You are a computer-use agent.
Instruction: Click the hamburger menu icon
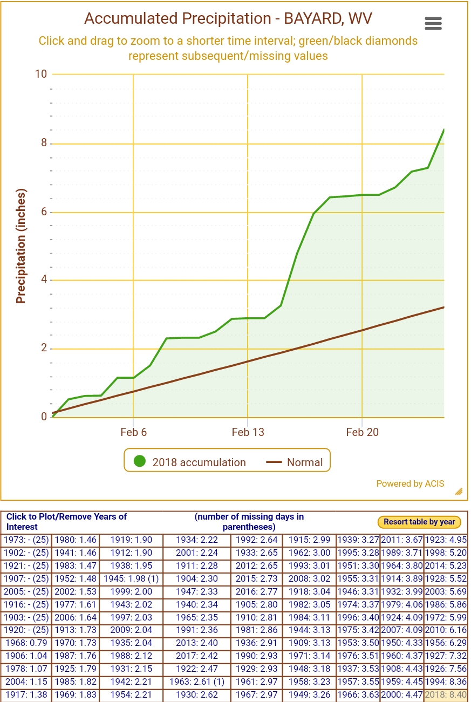coord(433,23)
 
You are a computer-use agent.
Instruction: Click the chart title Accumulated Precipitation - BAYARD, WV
coord(228,19)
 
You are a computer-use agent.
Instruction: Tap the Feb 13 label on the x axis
coord(248,432)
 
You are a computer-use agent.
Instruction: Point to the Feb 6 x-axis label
coord(133,432)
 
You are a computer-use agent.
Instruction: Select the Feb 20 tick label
coord(362,432)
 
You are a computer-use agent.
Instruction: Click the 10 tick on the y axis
coord(41,74)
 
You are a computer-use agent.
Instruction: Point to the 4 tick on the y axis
coord(44,280)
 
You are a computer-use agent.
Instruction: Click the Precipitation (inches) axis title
coord(21,246)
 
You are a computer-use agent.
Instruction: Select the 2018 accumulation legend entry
coord(189,462)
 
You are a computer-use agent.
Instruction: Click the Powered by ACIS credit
coord(410,483)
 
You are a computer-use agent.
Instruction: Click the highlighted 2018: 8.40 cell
coord(445,695)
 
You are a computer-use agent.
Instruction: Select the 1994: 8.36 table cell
coord(445,682)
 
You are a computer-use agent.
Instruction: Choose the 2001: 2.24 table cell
coord(196,553)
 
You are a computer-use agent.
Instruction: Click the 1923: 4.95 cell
coord(445,540)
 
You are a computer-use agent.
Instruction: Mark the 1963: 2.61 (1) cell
coord(196,682)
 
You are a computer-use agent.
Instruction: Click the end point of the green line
coord(443,130)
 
